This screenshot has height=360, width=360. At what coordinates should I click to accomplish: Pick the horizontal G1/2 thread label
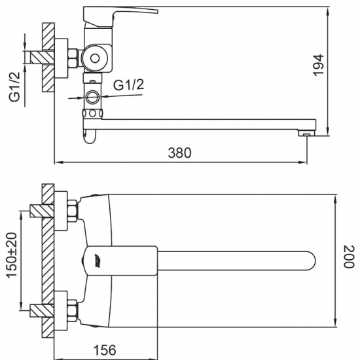128,86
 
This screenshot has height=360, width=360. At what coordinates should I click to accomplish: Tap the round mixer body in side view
96,58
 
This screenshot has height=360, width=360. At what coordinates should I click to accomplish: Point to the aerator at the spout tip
305,133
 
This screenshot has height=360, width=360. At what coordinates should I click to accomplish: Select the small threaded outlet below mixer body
92,98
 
